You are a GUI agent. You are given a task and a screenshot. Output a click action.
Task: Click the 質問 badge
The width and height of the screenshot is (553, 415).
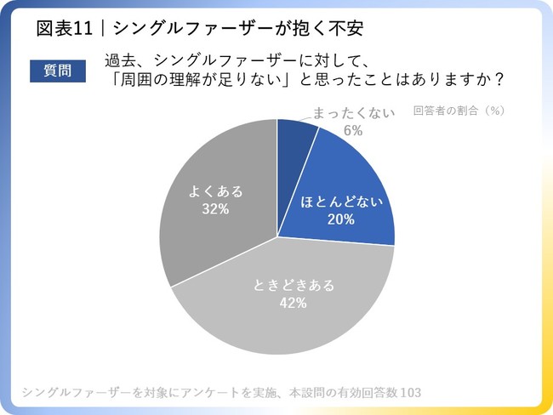click(x=58, y=69)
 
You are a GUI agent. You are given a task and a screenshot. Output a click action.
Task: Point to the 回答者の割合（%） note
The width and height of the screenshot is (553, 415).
click(x=459, y=111)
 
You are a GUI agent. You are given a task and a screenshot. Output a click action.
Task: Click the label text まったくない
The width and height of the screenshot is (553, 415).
click(x=353, y=112)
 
